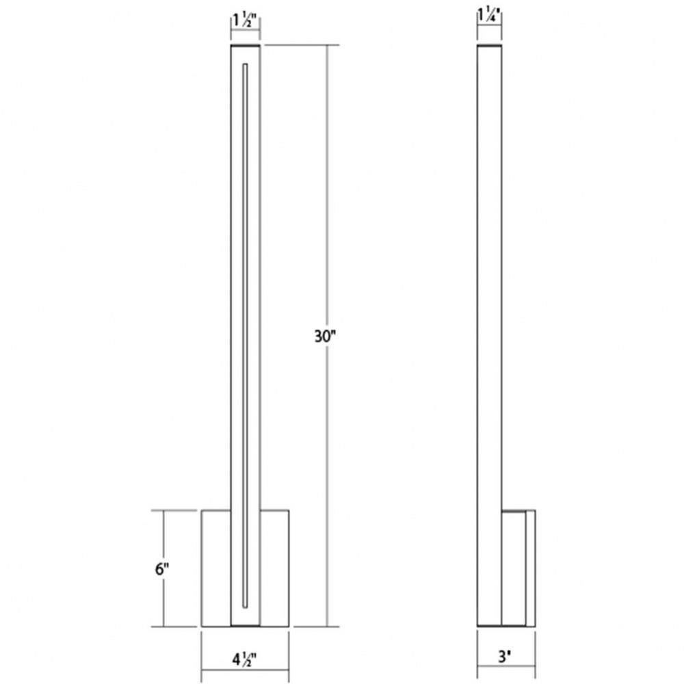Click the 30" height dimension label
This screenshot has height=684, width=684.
(x=326, y=337)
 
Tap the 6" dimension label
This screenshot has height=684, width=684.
(x=162, y=569)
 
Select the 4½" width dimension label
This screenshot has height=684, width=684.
(x=244, y=660)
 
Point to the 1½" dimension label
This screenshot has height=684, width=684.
(x=246, y=21)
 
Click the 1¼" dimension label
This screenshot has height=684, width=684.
(x=490, y=16)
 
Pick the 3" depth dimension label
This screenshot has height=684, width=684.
(x=505, y=657)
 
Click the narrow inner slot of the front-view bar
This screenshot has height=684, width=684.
(x=245, y=336)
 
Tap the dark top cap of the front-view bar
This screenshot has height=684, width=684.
(x=245, y=45)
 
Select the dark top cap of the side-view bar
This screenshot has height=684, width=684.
(x=490, y=45)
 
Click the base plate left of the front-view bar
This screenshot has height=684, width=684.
(x=216, y=568)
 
